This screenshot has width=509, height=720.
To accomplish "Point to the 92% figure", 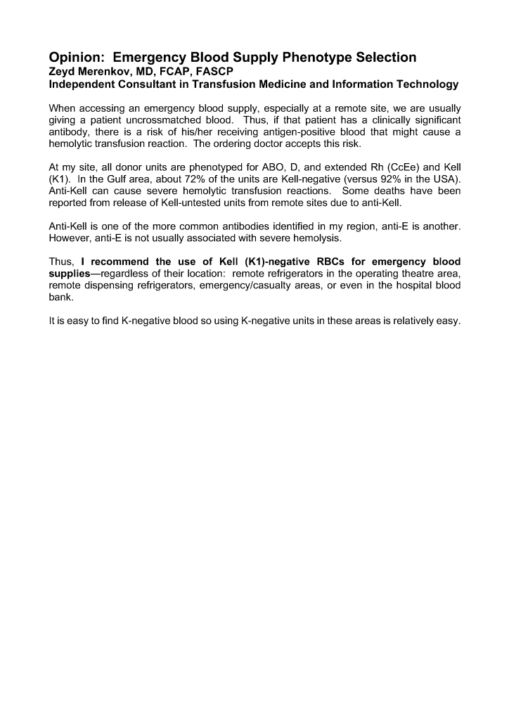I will pyautogui.click(x=399, y=180).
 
